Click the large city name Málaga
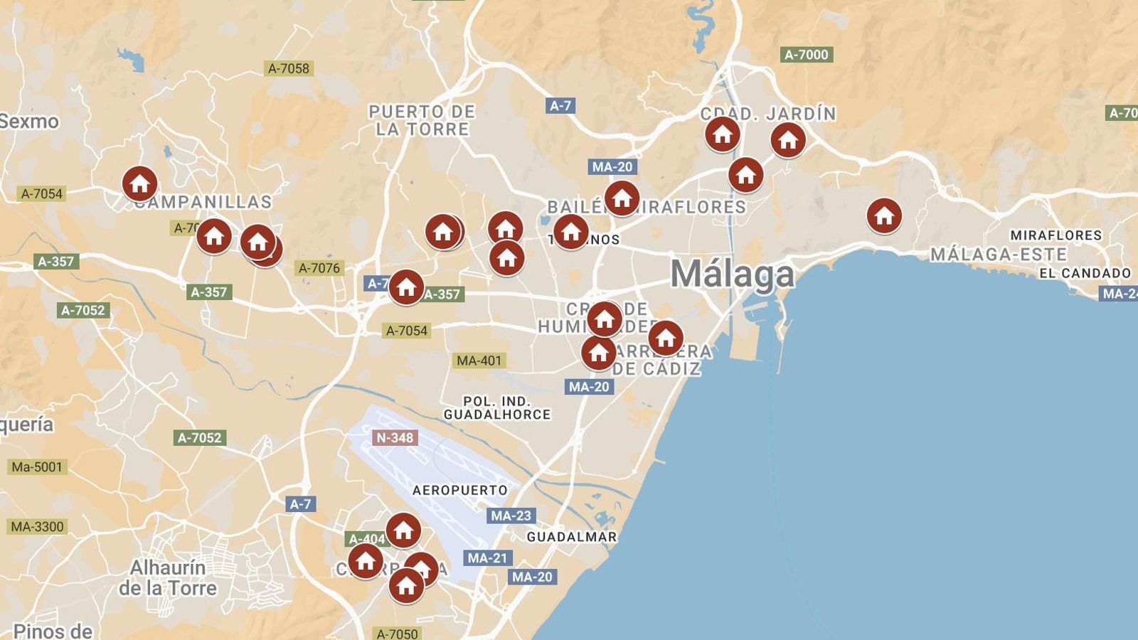tap(732, 274)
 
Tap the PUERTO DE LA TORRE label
tap(422, 120)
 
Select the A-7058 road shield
tap(288, 68)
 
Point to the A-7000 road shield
tap(806, 54)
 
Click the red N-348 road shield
tap(394, 437)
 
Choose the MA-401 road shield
tap(479, 361)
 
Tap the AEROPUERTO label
tap(460, 490)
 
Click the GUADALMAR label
tap(572, 537)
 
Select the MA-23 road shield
tap(511, 516)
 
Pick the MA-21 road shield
tap(487, 558)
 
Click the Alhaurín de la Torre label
tap(169, 577)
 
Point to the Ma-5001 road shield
tap(37, 467)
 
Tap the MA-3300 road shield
tap(37, 527)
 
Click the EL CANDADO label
tap(1085, 273)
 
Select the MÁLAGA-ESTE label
tap(999, 254)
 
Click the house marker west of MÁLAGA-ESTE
tap(884, 215)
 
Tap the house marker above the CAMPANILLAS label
tap(139, 183)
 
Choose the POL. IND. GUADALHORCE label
tap(497, 407)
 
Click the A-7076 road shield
tap(319, 268)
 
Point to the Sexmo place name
tap(28, 121)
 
